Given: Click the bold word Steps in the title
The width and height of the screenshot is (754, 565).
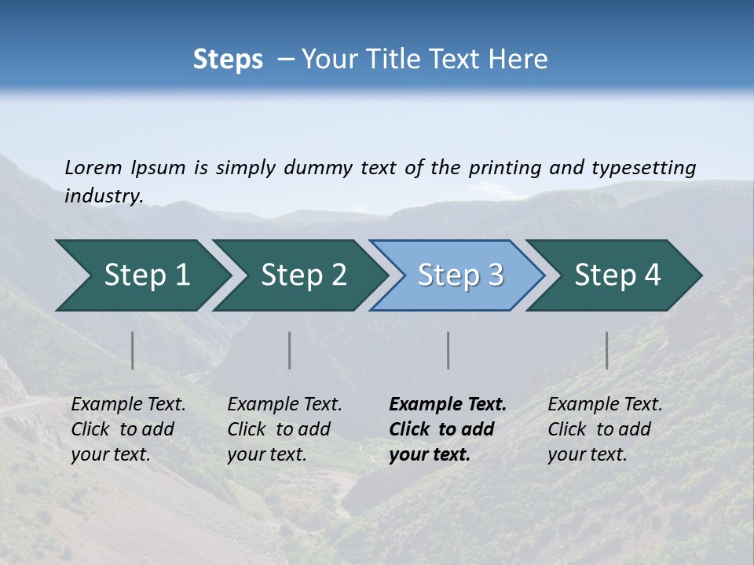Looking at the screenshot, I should click(x=228, y=60).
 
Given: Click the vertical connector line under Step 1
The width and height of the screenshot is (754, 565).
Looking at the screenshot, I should click(x=133, y=350).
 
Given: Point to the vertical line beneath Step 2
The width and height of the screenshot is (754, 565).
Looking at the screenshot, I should click(x=290, y=350).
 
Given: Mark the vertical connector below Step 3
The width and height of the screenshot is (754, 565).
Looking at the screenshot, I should click(x=448, y=350).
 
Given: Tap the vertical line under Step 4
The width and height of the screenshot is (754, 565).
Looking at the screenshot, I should click(x=607, y=350).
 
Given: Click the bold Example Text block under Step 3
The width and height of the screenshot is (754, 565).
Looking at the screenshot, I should click(x=448, y=429).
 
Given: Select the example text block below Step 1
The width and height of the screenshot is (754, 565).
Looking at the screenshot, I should click(x=128, y=429).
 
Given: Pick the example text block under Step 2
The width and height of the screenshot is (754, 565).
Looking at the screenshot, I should click(x=284, y=429).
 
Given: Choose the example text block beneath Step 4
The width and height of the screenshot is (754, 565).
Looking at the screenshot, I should click(x=605, y=429).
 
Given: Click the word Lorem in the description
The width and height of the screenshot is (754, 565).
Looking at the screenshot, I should click(x=93, y=167).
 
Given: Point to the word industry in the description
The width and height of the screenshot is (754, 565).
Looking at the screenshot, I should click(x=104, y=196).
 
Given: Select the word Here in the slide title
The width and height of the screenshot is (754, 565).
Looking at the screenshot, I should click(x=521, y=60).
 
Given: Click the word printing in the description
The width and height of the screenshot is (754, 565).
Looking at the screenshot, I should click(x=505, y=168).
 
